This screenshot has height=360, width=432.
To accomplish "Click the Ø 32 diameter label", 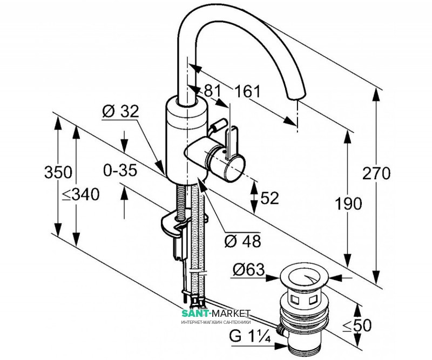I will pyautogui.click(x=120, y=112).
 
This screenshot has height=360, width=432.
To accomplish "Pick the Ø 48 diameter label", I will pyautogui.click(x=241, y=241).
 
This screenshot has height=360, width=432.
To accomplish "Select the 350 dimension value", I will pyautogui.click(x=58, y=173).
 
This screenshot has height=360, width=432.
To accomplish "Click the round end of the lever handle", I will pyautogui.click(x=235, y=168).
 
